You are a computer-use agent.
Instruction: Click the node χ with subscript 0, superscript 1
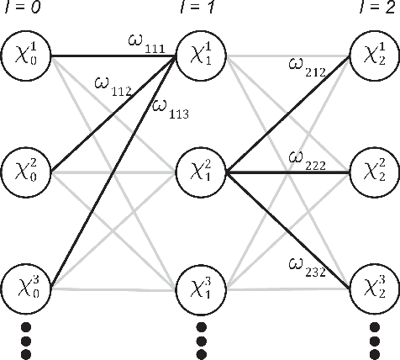pyautogui.click(x=27, y=58)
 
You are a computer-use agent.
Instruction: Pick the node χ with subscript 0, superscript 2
pyautogui.click(x=27, y=172)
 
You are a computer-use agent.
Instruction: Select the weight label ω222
pyautogui.click(x=308, y=159)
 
